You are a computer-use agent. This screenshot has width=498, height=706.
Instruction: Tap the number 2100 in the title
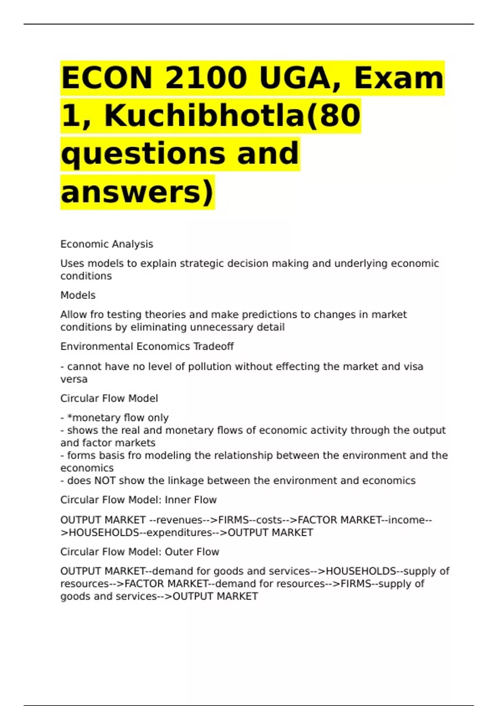(x=206, y=78)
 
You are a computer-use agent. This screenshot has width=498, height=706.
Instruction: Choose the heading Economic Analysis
(x=107, y=244)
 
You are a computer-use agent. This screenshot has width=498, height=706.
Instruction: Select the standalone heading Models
(x=78, y=295)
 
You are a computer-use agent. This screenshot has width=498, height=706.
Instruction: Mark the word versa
(x=74, y=379)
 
